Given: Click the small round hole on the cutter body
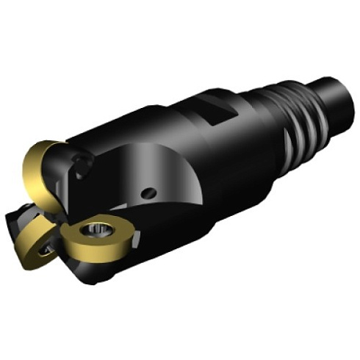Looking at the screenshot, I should [150, 192].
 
